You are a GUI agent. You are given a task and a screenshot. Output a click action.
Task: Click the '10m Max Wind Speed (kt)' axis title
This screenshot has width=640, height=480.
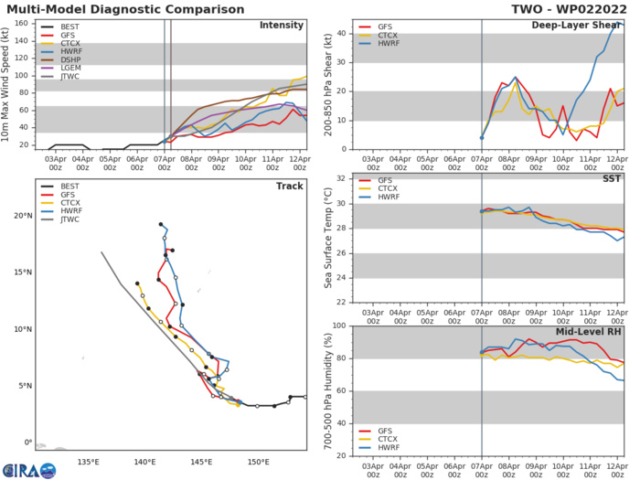point(10,83)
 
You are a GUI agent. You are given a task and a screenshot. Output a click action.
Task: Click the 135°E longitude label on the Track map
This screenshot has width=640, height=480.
point(89,462)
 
